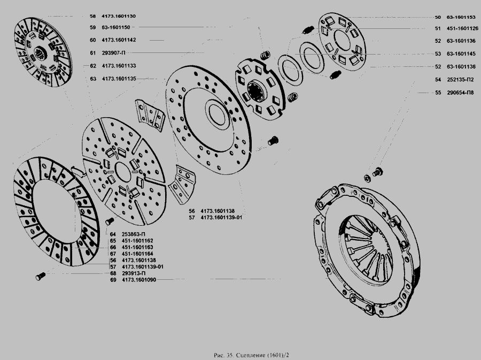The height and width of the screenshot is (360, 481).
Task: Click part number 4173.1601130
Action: click(x=119, y=16)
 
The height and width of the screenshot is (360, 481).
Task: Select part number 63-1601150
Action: click(x=116, y=27)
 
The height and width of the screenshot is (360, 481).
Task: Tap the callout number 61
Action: click(x=93, y=53)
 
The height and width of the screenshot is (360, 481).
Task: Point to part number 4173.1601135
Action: click(x=119, y=79)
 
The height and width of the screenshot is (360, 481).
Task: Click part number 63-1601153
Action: click(x=461, y=17)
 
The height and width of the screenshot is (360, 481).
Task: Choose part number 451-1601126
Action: click(x=462, y=28)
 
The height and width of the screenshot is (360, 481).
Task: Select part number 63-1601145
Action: click(x=461, y=53)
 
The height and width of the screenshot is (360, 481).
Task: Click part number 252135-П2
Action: click(x=460, y=80)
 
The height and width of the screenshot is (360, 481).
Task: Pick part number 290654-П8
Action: click(x=460, y=93)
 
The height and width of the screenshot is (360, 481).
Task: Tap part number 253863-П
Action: click(x=134, y=234)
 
